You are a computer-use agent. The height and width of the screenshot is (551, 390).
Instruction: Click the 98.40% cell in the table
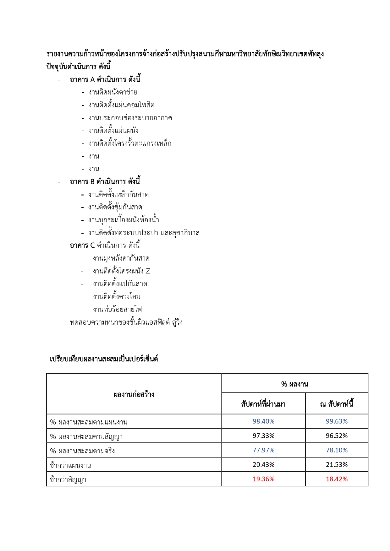(263, 421)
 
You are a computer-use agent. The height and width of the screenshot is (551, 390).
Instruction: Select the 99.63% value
(337, 421)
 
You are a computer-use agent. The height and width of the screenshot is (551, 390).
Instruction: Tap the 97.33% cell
(263, 436)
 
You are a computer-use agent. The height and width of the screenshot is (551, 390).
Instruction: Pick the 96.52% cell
(337, 436)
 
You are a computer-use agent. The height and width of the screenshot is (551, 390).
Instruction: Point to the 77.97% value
(263, 450)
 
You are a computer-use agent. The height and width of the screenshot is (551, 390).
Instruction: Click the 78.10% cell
(337, 450)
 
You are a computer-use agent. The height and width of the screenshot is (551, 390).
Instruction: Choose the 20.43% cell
(263, 465)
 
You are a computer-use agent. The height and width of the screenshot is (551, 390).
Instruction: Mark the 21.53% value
(337, 465)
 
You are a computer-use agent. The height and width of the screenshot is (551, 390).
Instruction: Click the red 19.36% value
(263, 479)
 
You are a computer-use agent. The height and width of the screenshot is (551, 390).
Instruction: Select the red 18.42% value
(337, 479)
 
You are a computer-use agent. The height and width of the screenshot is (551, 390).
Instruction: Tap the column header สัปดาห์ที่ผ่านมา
(263, 404)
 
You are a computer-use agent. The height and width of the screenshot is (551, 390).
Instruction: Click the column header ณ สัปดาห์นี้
(337, 404)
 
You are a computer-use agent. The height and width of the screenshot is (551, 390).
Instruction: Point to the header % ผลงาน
(294, 384)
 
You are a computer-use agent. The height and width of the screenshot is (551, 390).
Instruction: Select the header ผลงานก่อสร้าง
(134, 394)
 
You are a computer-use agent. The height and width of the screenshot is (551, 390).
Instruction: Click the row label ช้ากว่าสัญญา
(68, 479)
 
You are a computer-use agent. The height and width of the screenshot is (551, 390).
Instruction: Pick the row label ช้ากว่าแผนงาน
(70, 465)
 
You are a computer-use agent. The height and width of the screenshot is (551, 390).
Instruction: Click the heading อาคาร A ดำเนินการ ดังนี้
(105, 79)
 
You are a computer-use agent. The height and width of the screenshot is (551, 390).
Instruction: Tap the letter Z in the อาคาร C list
(148, 271)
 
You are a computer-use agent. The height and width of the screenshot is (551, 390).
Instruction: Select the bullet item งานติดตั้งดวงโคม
(117, 296)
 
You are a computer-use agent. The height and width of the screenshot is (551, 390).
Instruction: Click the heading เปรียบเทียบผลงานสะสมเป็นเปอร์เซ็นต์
(104, 359)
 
